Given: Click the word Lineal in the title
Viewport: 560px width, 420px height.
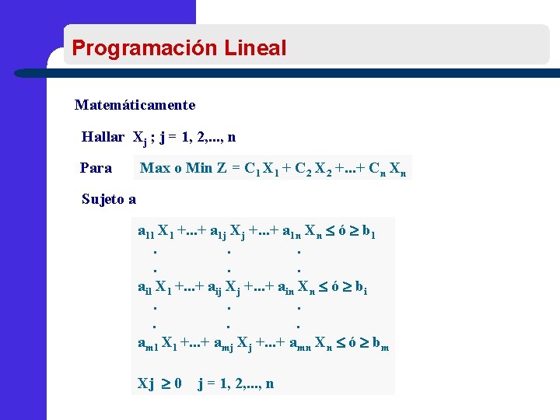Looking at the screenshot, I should [255, 48].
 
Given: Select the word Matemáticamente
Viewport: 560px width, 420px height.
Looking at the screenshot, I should [135, 104].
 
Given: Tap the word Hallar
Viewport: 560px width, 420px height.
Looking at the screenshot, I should [103, 137].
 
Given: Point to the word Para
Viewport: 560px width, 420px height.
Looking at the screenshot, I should [96, 167].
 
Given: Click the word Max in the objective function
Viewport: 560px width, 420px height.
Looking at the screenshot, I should [155, 167].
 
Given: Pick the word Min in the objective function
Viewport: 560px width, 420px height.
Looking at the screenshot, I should [198, 167].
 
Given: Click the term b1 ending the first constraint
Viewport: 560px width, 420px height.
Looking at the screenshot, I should [369, 232].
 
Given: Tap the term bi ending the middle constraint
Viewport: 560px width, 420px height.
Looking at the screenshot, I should [361, 288].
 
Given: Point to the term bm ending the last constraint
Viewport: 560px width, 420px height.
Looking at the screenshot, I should [380, 344].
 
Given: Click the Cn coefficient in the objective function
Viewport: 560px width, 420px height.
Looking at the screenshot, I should [376, 168].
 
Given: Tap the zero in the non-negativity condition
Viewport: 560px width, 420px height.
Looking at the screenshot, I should [178, 383].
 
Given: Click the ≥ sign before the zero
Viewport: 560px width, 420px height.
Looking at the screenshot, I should [165, 383].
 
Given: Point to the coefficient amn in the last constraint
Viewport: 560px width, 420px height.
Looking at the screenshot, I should [299, 344].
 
